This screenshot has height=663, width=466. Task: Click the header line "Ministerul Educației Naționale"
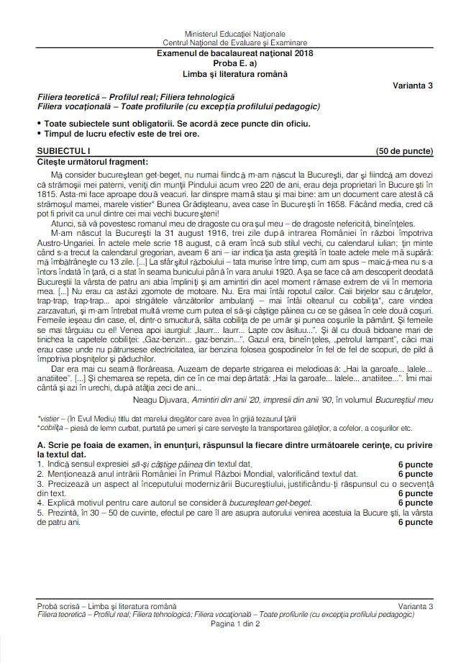click(x=234, y=34)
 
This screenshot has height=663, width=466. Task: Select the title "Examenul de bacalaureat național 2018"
click(x=234, y=53)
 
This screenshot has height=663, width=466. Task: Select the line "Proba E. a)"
click(x=234, y=63)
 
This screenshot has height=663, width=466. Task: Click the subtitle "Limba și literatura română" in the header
click(x=234, y=72)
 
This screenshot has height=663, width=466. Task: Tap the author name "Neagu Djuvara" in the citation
click(x=160, y=398)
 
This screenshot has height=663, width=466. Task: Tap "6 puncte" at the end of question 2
click(x=415, y=474)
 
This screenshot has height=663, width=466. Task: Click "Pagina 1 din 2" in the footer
click(x=234, y=623)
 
